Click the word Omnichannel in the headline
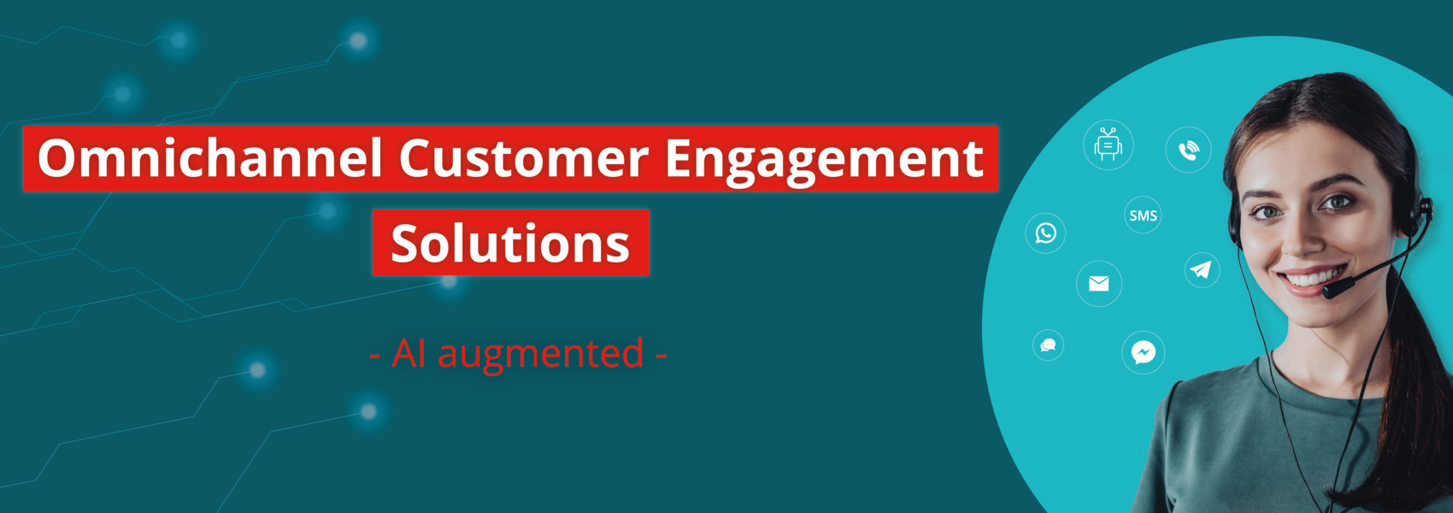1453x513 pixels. tap(209, 158)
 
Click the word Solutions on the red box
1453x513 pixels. tap(510, 243)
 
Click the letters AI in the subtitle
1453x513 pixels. tap(409, 353)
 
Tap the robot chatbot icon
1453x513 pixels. tap(1108, 144)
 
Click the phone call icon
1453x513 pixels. tap(1188, 150)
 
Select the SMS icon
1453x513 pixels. tap(1142, 215)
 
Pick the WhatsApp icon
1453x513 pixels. tap(1045, 233)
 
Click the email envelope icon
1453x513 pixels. tap(1099, 283)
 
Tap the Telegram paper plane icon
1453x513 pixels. tap(1202, 270)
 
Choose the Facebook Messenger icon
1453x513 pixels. tap(1143, 353)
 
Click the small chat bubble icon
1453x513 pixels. tap(1048, 345)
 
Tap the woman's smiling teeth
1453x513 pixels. tap(1312, 278)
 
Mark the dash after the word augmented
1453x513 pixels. tap(661, 356)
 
